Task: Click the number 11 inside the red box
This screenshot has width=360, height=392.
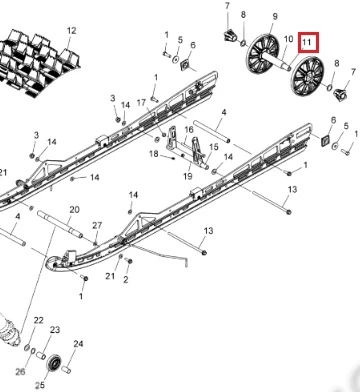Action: click(x=307, y=42)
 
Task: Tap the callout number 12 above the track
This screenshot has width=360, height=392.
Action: click(x=71, y=31)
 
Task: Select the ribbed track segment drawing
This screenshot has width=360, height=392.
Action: click(x=37, y=63)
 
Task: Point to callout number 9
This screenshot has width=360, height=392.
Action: click(x=275, y=16)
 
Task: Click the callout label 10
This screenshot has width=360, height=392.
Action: click(x=288, y=39)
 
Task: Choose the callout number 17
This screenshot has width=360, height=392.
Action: click(x=141, y=103)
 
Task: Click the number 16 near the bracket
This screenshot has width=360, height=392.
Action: click(x=189, y=129)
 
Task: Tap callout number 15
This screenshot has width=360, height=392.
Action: click(x=214, y=147)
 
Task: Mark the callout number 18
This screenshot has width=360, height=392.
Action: click(x=154, y=154)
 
